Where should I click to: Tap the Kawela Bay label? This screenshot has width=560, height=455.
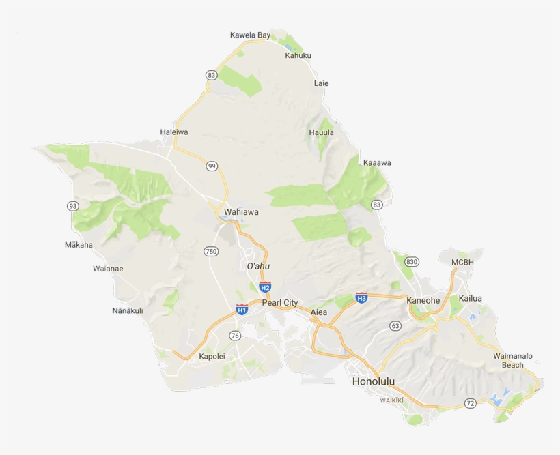(x=250, y=35)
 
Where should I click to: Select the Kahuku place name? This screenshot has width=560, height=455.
(x=298, y=56)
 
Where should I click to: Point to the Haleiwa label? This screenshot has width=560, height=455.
(x=173, y=132)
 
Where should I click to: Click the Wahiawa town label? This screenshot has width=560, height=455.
(x=241, y=212)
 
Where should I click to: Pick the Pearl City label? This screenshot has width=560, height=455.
(x=280, y=302)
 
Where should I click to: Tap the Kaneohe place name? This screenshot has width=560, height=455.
(x=423, y=300)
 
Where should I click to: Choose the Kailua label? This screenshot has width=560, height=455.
(x=470, y=299)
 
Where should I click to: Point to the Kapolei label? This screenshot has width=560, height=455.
(x=212, y=357)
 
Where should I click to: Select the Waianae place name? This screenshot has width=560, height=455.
(x=108, y=269)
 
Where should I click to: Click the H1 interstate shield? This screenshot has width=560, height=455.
(x=241, y=310)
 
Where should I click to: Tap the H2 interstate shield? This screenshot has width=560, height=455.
(x=265, y=287)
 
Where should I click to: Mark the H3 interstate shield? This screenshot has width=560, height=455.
(x=361, y=298)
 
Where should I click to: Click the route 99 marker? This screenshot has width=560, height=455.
(x=212, y=166)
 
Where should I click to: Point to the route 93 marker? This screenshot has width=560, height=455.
(x=72, y=206)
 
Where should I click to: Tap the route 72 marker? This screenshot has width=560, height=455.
(x=470, y=404)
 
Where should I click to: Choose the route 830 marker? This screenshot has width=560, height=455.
(x=411, y=262)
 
